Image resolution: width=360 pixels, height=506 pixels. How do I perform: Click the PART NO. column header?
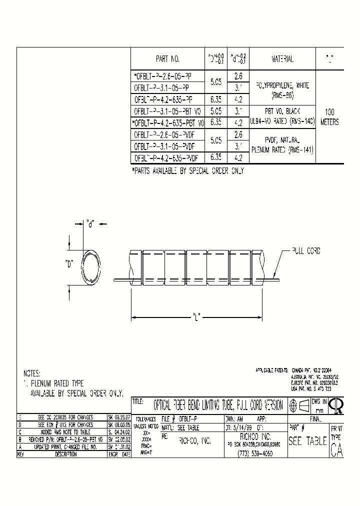pos(167,59)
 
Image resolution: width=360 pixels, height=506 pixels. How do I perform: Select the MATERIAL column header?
pos(282,59)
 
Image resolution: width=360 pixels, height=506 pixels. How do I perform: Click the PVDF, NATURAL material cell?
pos(282,141)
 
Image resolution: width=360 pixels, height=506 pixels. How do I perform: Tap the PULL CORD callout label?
pos(306,251)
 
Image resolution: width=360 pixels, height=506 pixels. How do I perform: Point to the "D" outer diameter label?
pos(69,263)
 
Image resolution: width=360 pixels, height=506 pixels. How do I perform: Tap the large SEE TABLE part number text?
pos(307,441)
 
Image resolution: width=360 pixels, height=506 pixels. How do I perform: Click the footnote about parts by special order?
pos(187,171)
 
